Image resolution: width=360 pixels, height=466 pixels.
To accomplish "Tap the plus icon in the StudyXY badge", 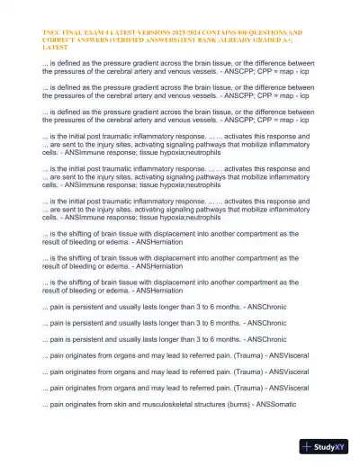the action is tap(308, 446).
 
